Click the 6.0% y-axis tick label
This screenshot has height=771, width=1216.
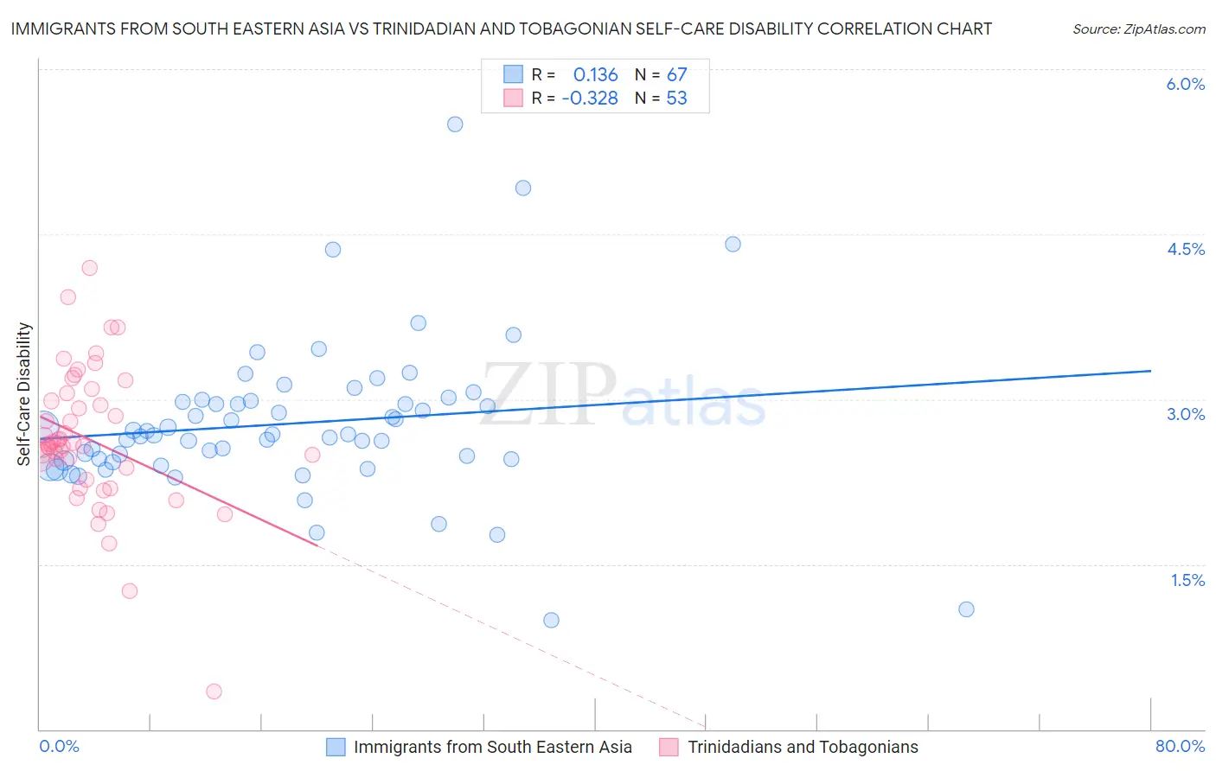point(1185,84)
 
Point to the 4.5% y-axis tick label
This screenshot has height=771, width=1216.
point(1185,249)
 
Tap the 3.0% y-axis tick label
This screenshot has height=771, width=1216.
point(1185,414)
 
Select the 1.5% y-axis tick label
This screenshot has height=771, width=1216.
point(1187,580)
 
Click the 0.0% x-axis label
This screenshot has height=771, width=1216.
point(59,746)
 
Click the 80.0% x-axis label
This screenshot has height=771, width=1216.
point(1180,746)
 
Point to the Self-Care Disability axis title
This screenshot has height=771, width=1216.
point(24,394)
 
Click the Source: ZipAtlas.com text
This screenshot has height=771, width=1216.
point(1138,29)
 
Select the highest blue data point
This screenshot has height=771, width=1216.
point(455,124)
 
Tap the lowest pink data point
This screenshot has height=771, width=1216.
point(214,691)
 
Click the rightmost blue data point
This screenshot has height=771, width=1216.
point(966,609)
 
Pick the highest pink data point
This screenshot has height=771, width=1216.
point(89,268)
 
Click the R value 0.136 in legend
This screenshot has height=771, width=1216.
point(595,75)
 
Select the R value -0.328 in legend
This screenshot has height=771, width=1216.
point(589,99)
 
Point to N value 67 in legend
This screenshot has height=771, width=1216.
point(676,75)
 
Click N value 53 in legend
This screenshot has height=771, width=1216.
point(676,99)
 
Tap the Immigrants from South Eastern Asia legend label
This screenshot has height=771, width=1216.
point(492,747)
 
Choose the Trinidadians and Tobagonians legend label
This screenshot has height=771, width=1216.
point(803,747)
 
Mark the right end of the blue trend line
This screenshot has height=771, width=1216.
point(1150,370)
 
